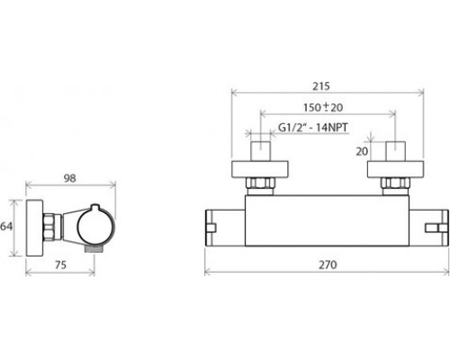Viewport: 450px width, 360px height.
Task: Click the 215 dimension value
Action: tap(321, 86)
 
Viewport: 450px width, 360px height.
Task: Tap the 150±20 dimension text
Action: tap(323, 107)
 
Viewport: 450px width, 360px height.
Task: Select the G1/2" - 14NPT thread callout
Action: tap(313, 128)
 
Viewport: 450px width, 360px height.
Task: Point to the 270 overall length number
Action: tap(328, 265)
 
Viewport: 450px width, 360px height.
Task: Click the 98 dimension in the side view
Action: tap(70, 178)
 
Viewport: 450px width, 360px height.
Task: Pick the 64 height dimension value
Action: tap(6, 226)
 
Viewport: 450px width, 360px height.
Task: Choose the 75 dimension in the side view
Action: tap(60, 265)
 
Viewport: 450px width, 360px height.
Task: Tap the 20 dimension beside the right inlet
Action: tap(362, 151)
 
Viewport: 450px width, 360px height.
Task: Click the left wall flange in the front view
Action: tap(260, 169)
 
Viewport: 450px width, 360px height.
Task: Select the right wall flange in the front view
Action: tap(396, 169)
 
